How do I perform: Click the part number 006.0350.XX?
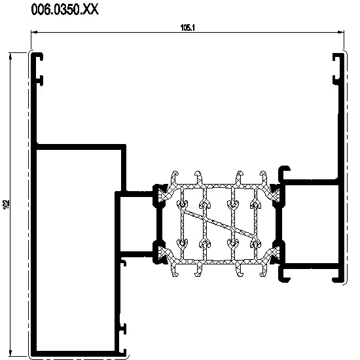point(65,10)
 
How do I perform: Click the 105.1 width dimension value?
point(188,27)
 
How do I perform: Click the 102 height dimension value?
point(6,205)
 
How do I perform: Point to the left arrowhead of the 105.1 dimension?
point(34,32)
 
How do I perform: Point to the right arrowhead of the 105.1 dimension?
point(341,32)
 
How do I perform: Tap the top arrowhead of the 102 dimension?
point(10,56)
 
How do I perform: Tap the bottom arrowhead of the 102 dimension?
point(10,352)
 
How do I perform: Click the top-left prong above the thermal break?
point(175,177)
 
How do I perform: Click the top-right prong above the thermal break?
point(263,177)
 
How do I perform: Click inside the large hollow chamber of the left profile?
point(76,250)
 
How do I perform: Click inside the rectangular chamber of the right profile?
point(310,224)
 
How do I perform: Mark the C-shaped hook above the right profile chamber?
point(284,173)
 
